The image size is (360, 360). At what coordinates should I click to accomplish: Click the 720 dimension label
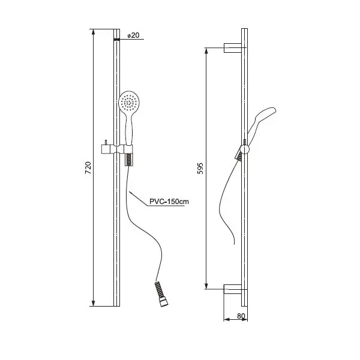pos(88,167)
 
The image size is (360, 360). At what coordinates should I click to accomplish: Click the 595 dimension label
pos(200,168)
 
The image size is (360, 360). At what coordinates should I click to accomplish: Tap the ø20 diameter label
pos(133,35)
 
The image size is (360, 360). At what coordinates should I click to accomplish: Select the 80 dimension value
pos(241,316)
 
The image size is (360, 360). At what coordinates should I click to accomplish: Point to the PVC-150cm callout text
pos(169,202)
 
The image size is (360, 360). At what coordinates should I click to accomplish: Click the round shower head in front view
pos(129,101)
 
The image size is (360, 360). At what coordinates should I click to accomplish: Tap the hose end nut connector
pos(164,301)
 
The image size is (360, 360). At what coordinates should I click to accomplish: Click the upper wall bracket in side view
pos(233,48)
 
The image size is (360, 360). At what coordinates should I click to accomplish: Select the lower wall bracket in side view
pos(233,289)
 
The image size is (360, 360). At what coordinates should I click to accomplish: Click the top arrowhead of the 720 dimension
pos(93,32)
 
